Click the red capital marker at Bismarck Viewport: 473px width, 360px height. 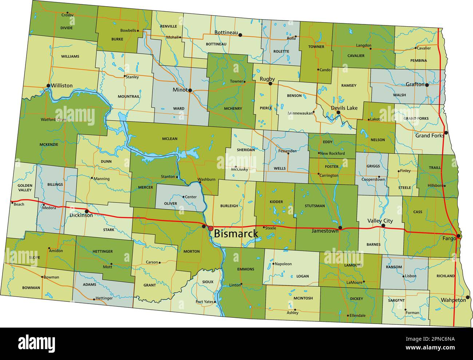211,228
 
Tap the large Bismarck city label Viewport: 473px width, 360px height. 236,234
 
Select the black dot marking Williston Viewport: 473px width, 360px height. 48,86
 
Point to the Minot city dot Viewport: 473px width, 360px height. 190,90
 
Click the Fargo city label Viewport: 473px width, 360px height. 449,238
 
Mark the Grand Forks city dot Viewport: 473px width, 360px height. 446,132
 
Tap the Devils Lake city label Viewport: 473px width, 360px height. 344,108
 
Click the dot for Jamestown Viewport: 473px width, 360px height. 340,228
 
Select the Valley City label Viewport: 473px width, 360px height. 380,221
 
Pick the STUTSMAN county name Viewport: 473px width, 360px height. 315,206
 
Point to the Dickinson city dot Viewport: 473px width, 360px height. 87,211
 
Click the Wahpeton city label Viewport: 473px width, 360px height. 453,300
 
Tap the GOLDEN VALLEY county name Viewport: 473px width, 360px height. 25,188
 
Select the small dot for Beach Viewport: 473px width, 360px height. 12,202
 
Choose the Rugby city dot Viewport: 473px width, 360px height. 270,84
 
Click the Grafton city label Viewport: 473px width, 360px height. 415,84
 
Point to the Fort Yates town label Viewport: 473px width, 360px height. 204,301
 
